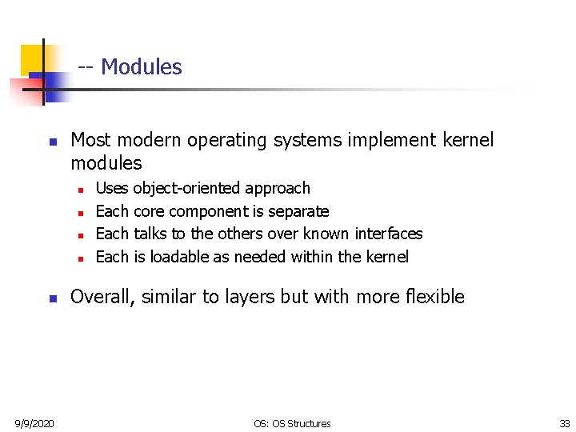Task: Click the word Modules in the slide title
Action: [142, 67]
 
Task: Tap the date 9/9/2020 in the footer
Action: [33, 423]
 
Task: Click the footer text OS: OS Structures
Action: [291, 423]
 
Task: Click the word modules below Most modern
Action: [106, 163]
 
